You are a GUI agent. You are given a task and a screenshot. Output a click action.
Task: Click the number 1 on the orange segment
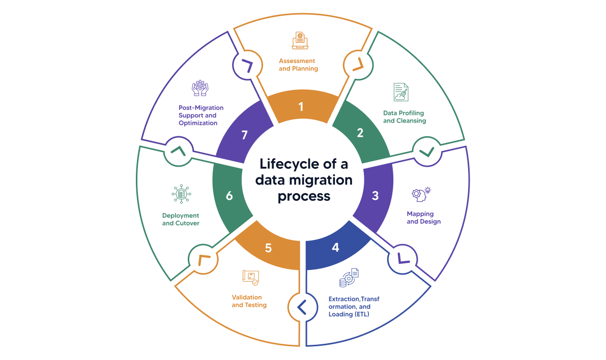click(x=301, y=107)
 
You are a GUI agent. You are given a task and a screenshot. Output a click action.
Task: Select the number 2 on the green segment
click(x=360, y=133)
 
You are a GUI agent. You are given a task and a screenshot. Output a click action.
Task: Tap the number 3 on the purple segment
click(x=375, y=196)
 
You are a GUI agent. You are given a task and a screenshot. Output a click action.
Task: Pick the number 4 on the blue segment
click(x=335, y=248)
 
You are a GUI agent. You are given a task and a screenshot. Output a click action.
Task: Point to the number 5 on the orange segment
click(x=268, y=248)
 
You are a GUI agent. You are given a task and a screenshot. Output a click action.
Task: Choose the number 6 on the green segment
click(x=229, y=196)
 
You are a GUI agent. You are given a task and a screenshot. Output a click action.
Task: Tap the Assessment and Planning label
click(x=298, y=65)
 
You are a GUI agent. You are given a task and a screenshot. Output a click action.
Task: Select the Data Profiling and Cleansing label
click(x=405, y=116)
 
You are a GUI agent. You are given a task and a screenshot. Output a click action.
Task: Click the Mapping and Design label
click(x=423, y=218)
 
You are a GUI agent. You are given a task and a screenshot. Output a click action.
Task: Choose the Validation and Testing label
click(x=249, y=301)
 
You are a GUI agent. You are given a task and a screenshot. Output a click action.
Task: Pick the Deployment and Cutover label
click(x=181, y=219)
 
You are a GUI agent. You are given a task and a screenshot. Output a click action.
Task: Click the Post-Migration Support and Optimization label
click(x=200, y=115)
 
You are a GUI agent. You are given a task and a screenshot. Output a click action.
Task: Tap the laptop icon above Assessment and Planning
click(x=300, y=41)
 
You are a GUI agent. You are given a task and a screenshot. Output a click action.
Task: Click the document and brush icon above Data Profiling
click(x=401, y=92)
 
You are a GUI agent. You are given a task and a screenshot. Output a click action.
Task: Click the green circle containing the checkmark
click(x=426, y=151)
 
